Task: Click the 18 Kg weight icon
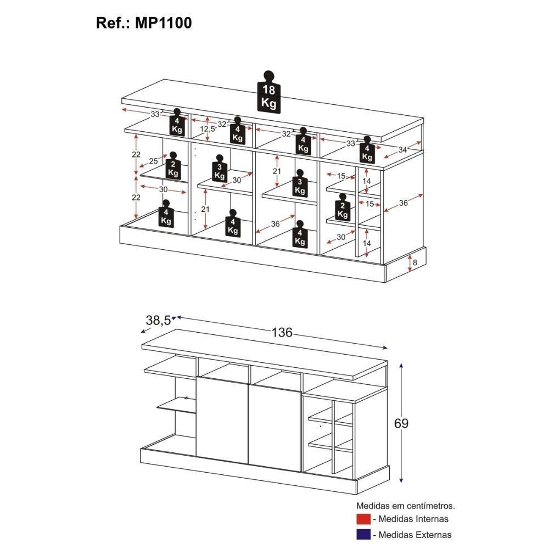point(269,92)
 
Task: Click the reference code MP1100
point(164,23)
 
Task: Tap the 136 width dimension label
point(282,332)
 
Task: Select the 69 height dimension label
point(401,423)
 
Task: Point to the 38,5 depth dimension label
point(158,320)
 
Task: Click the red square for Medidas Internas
point(363,519)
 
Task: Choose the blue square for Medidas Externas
point(363,535)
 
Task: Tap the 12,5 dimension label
point(208,129)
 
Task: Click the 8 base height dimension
point(415,262)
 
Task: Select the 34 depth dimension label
point(402,149)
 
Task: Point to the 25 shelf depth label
point(153,161)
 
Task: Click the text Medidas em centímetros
point(406,506)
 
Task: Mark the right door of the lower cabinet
point(274,428)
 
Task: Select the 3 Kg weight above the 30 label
point(220,169)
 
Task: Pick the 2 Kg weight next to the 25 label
point(173,166)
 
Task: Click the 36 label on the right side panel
point(404,203)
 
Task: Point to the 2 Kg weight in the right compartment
point(343,208)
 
